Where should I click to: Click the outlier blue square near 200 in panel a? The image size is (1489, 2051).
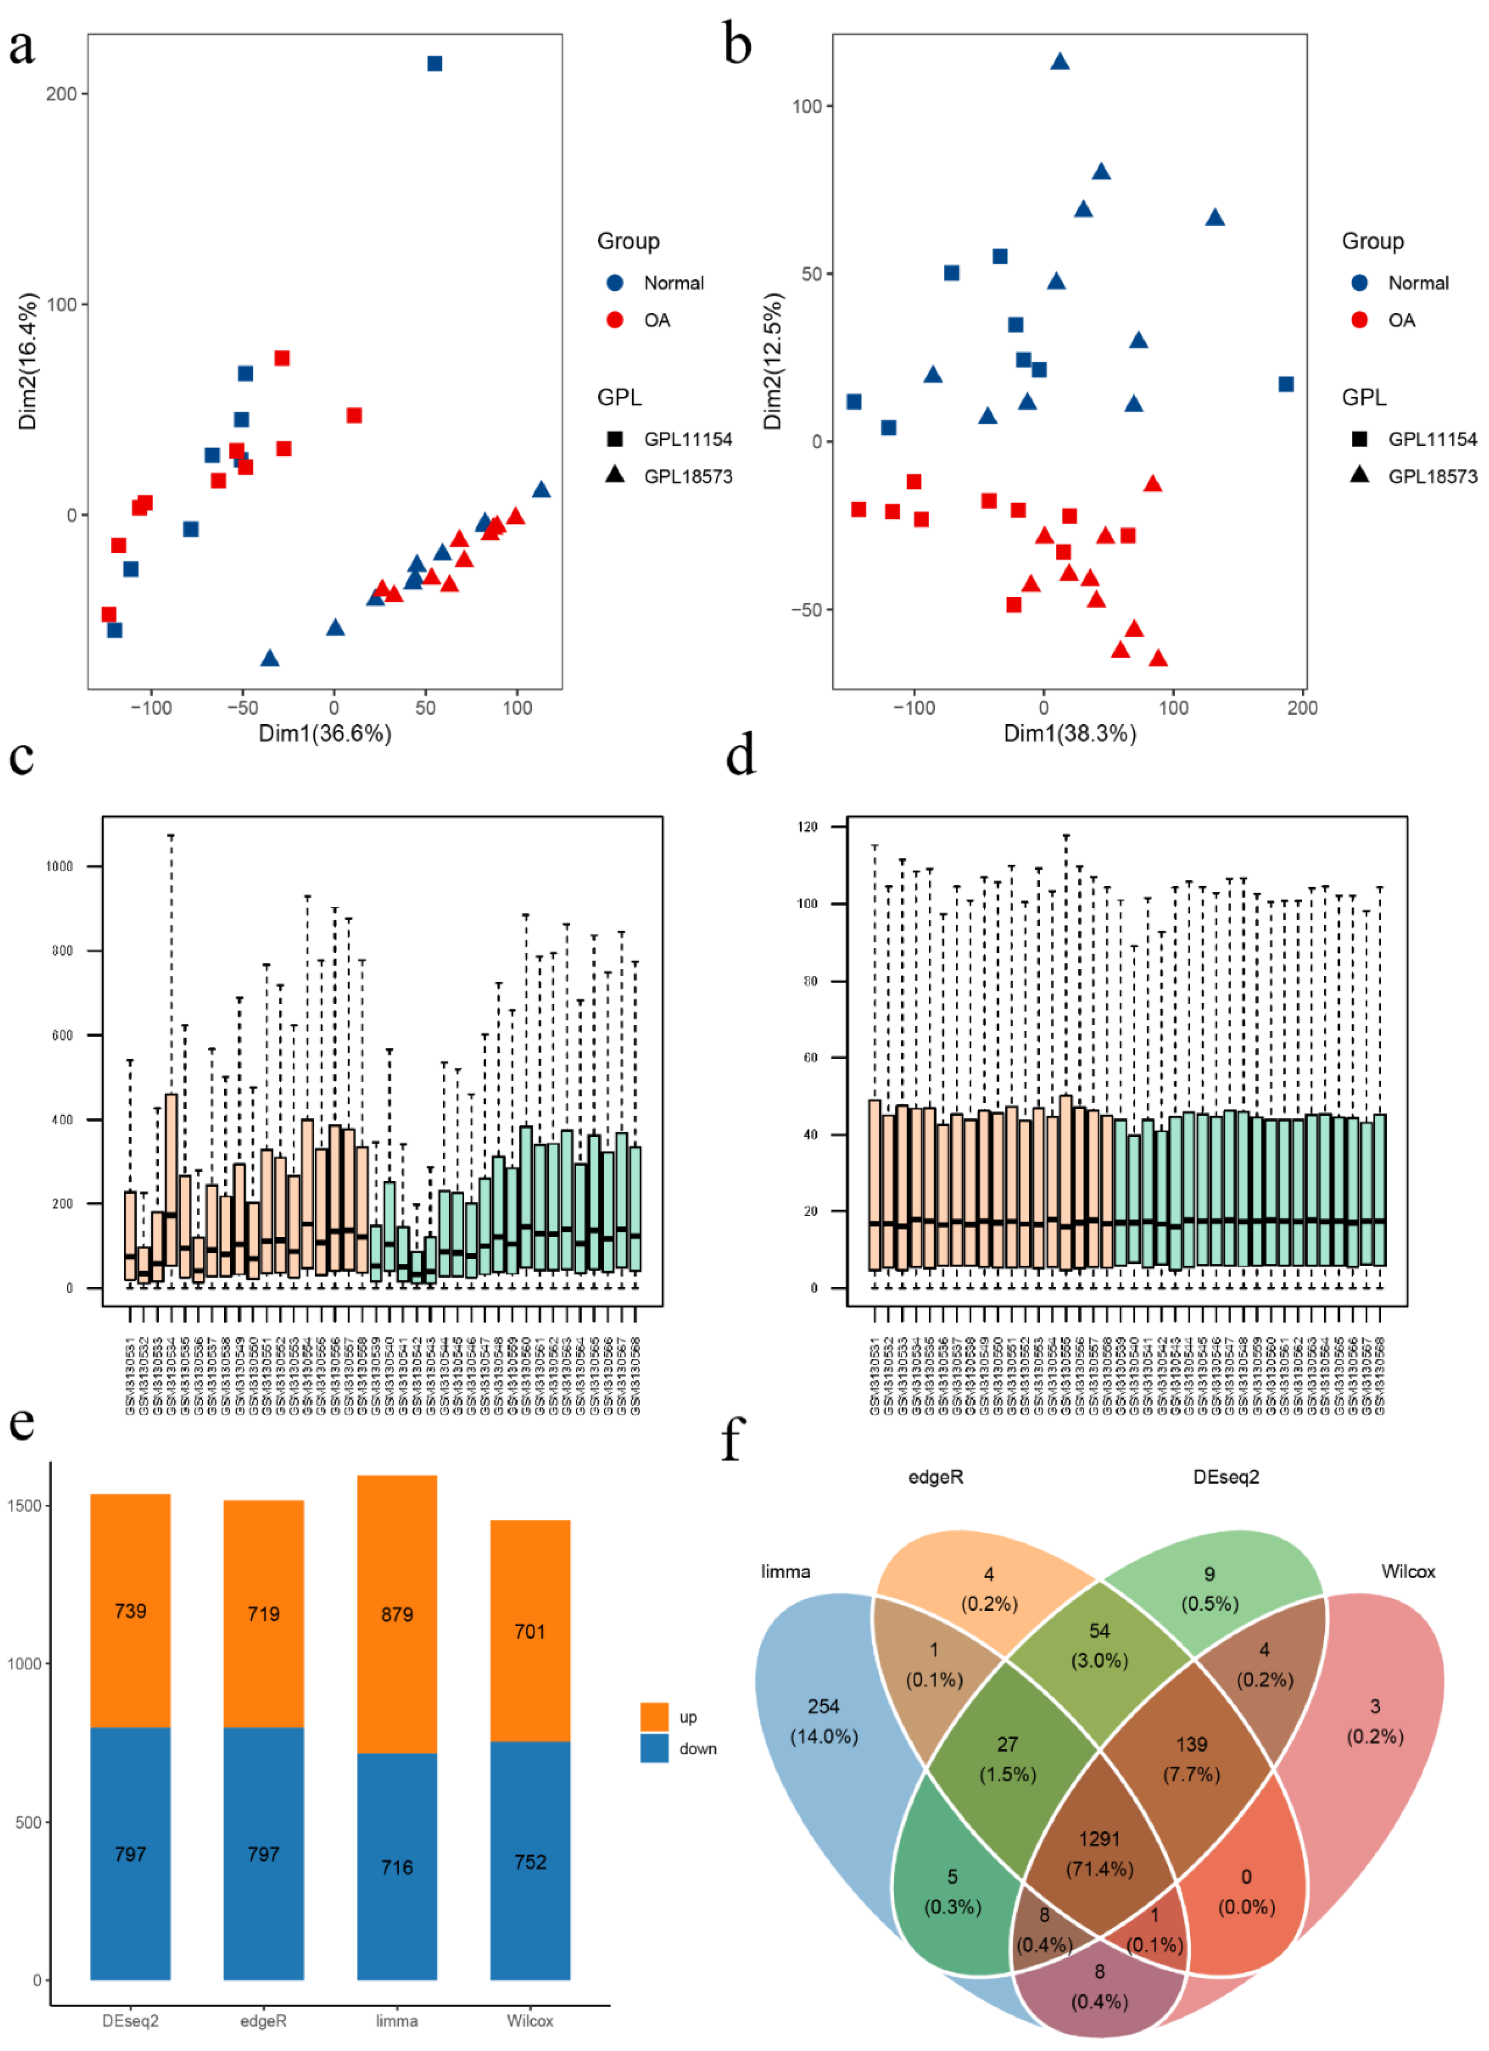[x=434, y=63]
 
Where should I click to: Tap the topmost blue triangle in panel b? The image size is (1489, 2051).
[x=1059, y=61]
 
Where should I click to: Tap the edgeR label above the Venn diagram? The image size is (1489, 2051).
[x=935, y=1477]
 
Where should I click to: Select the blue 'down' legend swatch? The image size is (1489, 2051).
[x=654, y=1748]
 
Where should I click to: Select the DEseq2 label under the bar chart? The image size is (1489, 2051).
[x=130, y=2020]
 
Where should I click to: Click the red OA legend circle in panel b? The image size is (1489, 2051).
[x=1359, y=320]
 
